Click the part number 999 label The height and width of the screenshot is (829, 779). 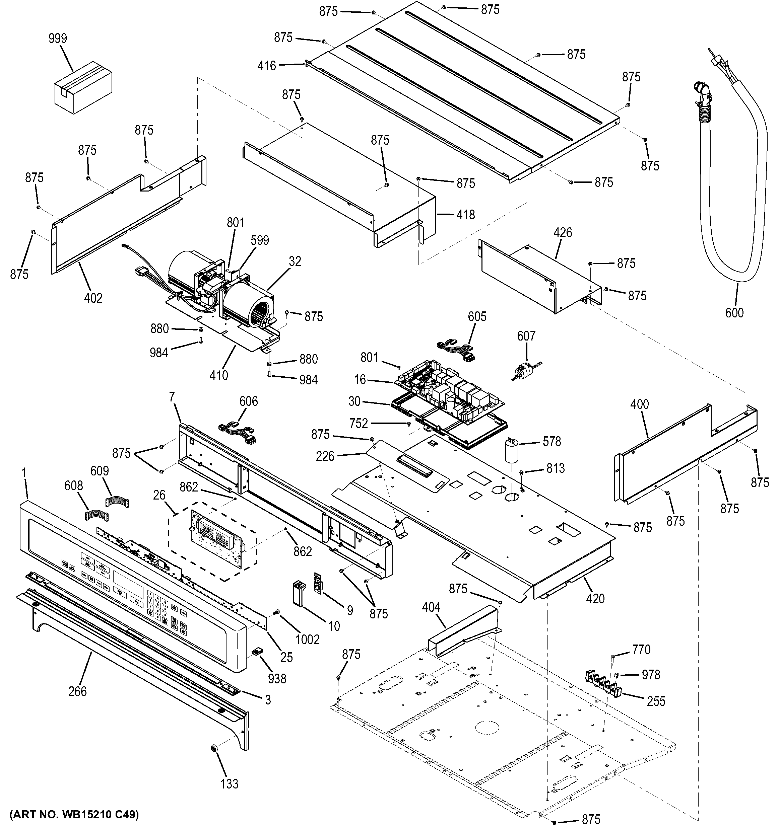point(58,39)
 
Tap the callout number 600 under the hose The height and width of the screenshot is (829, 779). point(734,312)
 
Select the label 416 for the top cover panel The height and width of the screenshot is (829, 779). point(267,66)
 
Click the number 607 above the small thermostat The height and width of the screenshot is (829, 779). point(526,336)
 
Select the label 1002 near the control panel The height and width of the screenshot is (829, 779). point(308,639)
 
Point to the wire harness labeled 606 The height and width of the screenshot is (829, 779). point(237,433)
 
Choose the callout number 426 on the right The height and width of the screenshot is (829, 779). point(563,232)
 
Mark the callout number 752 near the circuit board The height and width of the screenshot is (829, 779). point(359,424)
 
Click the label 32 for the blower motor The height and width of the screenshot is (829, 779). point(295,261)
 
